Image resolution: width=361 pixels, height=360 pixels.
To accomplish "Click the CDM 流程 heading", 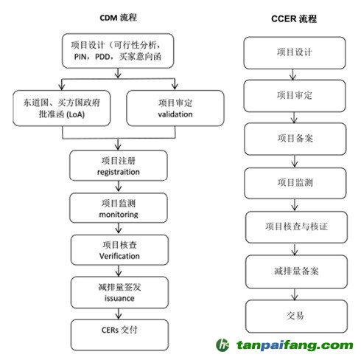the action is coord(118,18).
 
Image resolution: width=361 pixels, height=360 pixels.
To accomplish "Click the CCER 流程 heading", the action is coord(294,18).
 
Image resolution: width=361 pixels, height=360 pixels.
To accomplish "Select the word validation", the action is coord(175,114).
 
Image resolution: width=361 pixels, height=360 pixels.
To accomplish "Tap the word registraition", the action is coord(119,172).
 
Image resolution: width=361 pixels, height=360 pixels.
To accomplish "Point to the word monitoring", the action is coord(119,215).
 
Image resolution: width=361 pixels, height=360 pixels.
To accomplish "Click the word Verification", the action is coord(119,256).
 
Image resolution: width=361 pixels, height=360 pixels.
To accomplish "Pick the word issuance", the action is coord(119,298).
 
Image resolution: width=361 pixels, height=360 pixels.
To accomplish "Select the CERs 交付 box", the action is coord(119,335).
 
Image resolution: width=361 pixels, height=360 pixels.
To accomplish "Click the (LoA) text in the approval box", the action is coord(75,114).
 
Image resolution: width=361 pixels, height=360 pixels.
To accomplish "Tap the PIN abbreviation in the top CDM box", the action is coord(80,57).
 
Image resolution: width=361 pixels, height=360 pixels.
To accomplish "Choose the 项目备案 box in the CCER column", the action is coord(295,139).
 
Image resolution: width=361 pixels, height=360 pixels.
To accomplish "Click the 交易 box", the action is coord(296,316).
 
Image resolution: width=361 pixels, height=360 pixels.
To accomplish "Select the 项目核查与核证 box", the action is coord(296,227).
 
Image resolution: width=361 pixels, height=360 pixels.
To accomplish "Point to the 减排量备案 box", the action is coord(296,271).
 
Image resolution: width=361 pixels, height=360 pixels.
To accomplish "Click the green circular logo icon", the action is coord(222,345).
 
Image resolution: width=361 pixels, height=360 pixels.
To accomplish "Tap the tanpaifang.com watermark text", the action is coord(295,345).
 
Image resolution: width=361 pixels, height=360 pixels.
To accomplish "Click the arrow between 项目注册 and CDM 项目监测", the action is coord(119,187).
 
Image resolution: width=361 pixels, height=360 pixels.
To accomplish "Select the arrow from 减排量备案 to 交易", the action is coord(295,294).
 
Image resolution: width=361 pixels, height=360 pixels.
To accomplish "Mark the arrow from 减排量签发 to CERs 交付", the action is coord(119,314).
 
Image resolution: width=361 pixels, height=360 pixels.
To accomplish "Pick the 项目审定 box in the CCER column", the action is coord(295,96).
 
